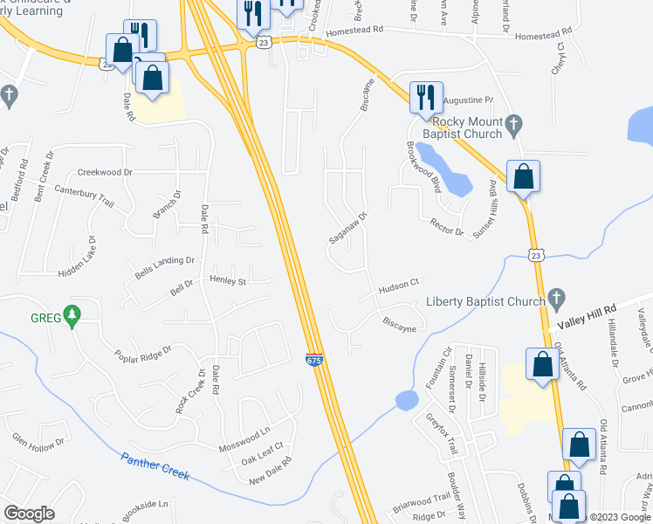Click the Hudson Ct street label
click(399, 285)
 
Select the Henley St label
click(229, 281)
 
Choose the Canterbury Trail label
click(85, 195)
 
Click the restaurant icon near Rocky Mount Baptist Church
click(427, 97)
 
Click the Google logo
click(29, 514)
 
